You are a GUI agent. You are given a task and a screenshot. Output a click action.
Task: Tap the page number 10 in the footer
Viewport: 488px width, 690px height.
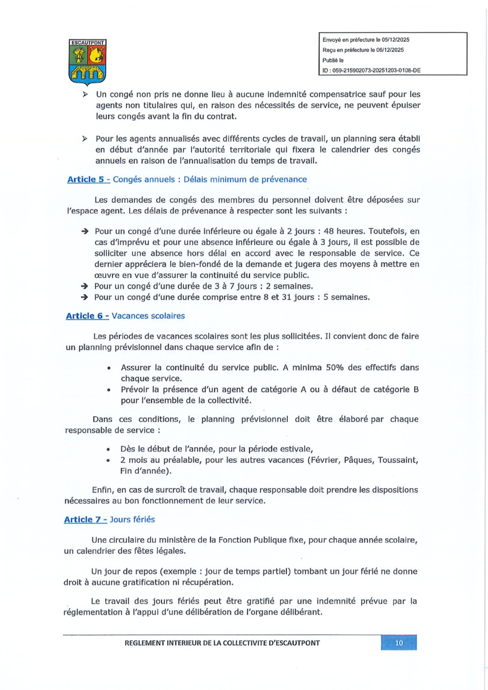398,643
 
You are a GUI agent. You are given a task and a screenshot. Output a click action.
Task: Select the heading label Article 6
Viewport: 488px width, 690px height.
87,316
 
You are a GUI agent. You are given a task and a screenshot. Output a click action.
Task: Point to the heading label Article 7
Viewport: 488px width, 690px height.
87,520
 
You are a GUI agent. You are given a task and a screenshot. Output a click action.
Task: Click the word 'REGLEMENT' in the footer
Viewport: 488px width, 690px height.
148,643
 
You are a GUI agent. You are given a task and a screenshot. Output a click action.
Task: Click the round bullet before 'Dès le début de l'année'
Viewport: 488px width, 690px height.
109,450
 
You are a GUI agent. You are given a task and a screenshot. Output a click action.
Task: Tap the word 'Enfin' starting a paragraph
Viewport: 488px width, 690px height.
103,489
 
